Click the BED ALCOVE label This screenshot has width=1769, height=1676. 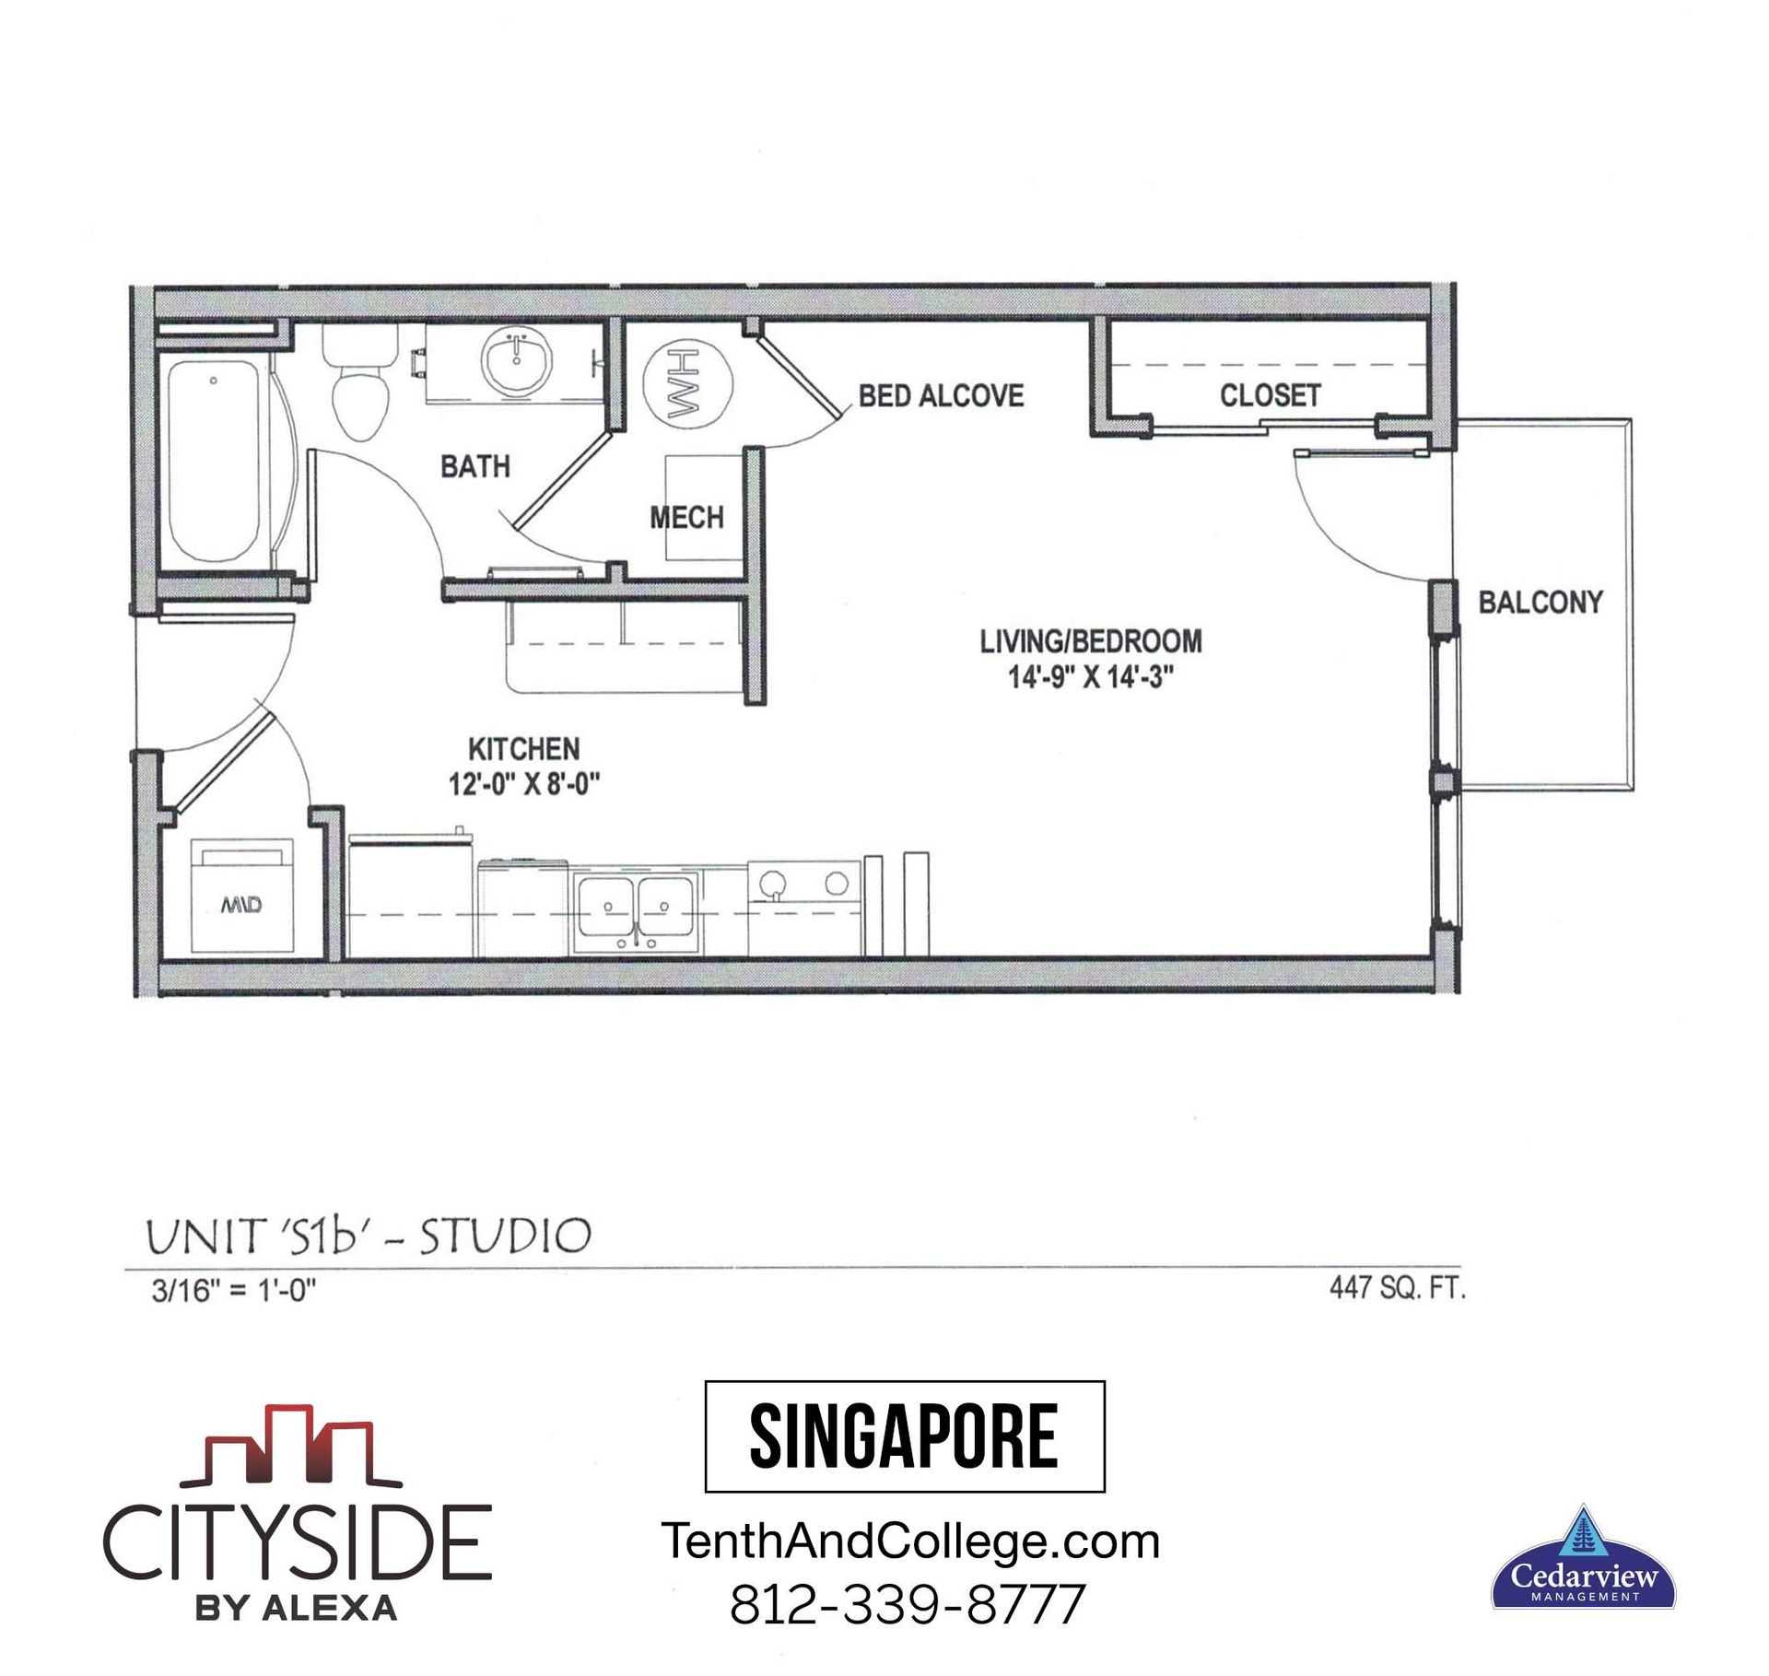[x=941, y=396]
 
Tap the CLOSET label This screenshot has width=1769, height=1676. [x=1270, y=395]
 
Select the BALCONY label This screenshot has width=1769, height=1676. [x=1541, y=603]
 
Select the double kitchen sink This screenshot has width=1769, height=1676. [x=636, y=910]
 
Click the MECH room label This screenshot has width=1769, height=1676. [x=686, y=518]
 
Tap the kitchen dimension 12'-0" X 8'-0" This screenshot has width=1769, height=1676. [x=524, y=785]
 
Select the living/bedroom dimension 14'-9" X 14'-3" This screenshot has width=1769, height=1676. [x=1090, y=677]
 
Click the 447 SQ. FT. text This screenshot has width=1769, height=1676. [x=1396, y=1287]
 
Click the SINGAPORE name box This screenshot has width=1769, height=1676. [x=904, y=1436]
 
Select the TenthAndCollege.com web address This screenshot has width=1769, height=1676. [x=909, y=1541]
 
